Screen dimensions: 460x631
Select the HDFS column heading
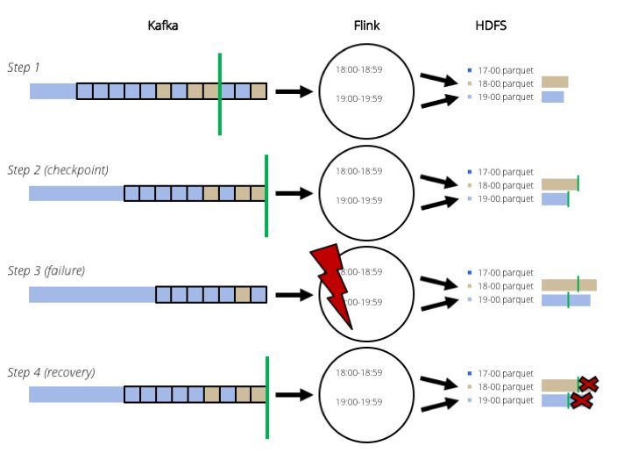(490, 26)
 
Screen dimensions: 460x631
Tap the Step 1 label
(24, 68)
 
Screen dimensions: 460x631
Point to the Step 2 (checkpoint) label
(58, 169)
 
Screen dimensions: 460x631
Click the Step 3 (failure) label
(46, 270)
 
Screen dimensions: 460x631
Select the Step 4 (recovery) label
(51, 372)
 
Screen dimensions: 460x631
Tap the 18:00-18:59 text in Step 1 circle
(359, 69)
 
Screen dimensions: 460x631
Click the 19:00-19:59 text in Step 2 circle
(359, 200)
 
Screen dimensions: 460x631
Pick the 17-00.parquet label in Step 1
(505, 70)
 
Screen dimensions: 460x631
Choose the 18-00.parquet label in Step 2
(505, 185)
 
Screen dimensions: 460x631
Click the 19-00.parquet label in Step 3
(505, 299)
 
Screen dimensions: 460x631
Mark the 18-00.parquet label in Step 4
(505, 387)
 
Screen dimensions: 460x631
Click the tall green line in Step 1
(219, 94)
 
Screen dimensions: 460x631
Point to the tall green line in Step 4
(266, 397)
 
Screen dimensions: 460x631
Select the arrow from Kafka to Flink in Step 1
(294, 90)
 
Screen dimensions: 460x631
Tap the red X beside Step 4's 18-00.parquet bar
(589, 384)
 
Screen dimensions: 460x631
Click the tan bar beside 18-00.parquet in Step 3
(569, 285)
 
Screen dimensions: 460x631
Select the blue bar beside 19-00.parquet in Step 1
(552, 97)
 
